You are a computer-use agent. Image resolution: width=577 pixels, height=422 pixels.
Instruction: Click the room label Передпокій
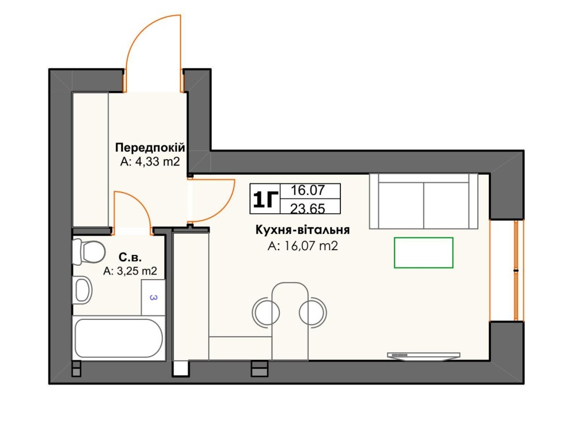point(150,148)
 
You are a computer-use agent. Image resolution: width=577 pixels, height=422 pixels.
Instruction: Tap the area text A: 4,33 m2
point(150,161)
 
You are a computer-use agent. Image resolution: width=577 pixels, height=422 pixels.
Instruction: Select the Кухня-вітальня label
point(302,230)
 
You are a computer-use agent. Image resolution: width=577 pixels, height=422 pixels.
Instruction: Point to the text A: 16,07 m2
point(302,246)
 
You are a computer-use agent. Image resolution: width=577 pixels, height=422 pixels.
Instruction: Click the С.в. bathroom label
point(130,257)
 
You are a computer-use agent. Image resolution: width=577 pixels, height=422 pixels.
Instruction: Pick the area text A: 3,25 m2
point(130,271)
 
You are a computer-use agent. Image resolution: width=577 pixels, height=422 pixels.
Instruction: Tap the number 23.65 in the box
point(308,209)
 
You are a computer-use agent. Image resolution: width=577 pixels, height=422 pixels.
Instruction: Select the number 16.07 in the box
point(308,190)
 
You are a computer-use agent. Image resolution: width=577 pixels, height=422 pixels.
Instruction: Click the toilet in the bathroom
point(88,252)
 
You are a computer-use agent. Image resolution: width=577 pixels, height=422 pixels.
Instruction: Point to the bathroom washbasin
point(82,290)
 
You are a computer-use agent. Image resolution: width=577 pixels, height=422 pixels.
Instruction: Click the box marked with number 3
point(153,297)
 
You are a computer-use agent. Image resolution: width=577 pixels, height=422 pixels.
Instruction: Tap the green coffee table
point(424,253)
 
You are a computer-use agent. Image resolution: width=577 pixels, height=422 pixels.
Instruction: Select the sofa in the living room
point(424,201)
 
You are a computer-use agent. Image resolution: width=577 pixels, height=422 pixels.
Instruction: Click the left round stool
point(265,313)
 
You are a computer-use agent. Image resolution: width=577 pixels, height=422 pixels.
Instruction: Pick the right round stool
point(313,313)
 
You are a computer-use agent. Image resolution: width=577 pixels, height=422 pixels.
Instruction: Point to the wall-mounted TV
point(424,356)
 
